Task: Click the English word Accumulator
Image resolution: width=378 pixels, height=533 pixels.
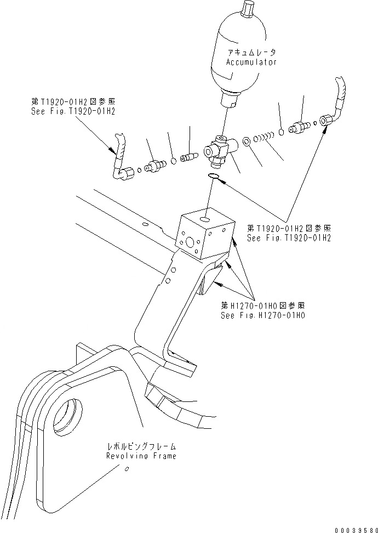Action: click(x=251, y=62)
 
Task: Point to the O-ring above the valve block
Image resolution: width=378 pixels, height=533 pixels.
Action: click(x=215, y=176)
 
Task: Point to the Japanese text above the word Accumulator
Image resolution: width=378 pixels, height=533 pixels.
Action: click(x=251, y=52)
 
